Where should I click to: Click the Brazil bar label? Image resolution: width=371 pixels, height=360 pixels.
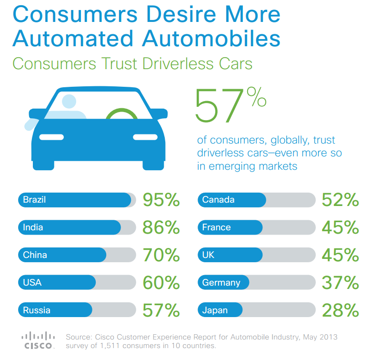[x=34, y=200]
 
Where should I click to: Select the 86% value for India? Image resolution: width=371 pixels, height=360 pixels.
[x=161, y=228]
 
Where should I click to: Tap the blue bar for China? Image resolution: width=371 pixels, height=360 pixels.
[x=62, y=255]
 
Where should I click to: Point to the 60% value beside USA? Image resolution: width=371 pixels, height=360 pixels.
[x=161, y=283]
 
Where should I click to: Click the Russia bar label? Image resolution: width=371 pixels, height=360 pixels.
[x=36, y=310]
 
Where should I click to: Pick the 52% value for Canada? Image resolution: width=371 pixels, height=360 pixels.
[x=340, y=200]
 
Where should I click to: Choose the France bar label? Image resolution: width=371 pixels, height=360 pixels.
[x=216, y=227]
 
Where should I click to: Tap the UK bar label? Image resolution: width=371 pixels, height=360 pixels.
[x=208, y=255]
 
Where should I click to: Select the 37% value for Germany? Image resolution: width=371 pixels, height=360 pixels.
[x=340, y=283]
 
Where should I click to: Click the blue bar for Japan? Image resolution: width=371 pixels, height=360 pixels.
[x=220, y=310]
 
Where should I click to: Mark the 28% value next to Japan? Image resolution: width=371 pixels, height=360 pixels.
[x=340, y=311]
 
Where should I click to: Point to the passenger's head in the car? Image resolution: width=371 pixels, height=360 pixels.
[x=69, y=101]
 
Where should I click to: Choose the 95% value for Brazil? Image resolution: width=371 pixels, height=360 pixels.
[x=161, y=200]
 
